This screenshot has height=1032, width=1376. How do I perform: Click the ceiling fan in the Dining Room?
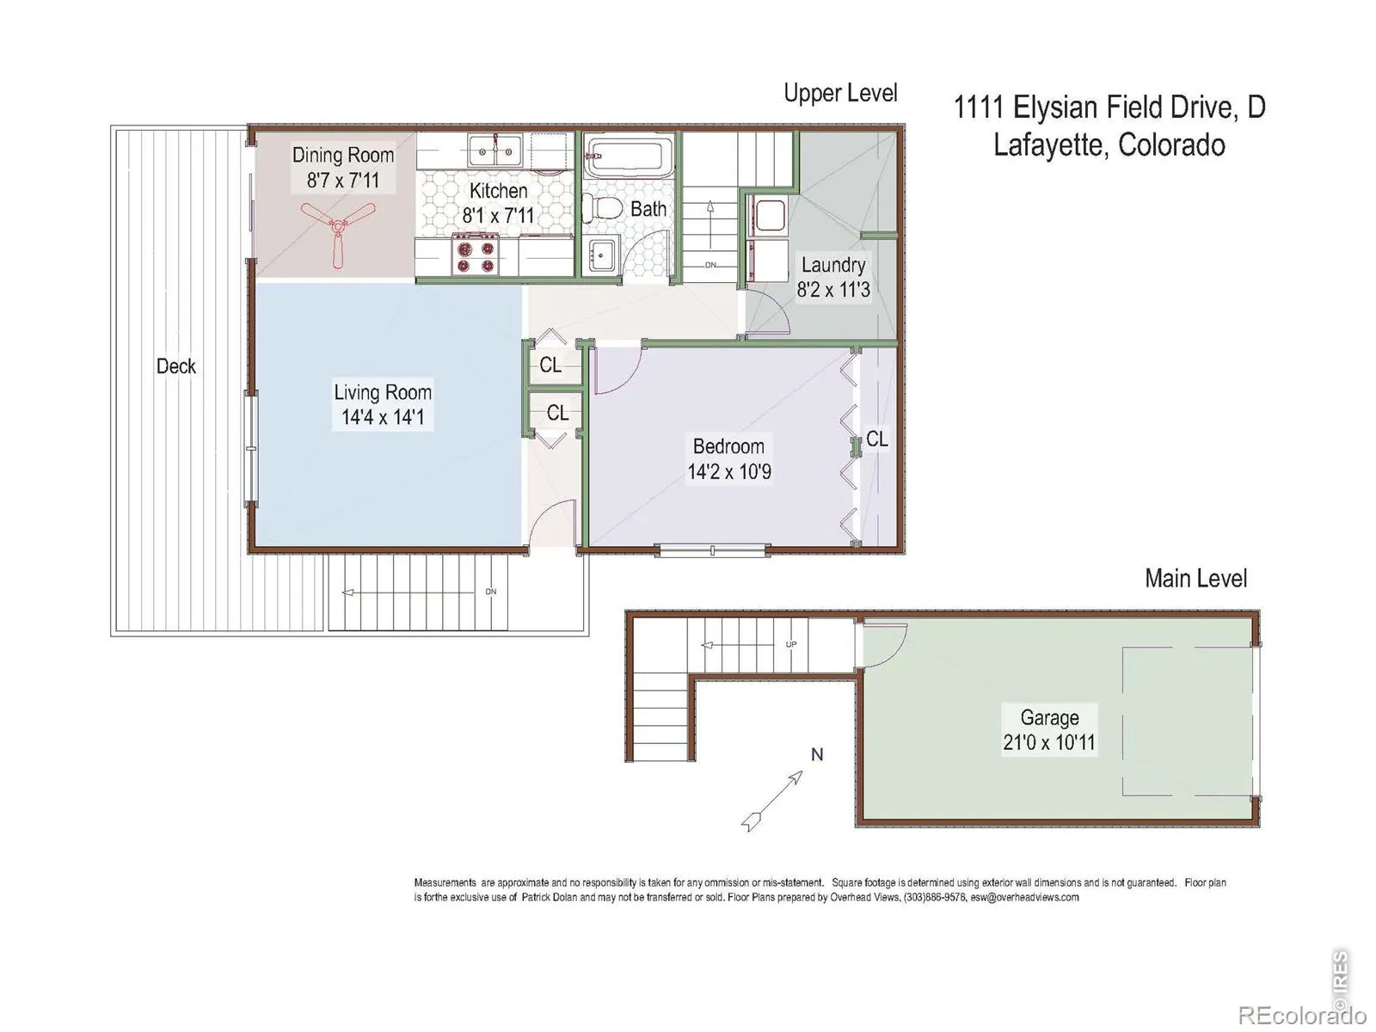tap(338, 228)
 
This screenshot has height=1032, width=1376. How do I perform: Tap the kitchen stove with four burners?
tap(476, 255)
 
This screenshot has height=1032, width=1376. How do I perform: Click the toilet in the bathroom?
tap(602, 207)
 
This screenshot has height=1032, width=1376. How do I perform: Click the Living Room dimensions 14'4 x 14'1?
tap(383, 417)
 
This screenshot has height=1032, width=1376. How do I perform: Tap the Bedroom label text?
tap(728, 446)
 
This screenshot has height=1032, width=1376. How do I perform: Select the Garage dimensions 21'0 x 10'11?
tap(1048, 742)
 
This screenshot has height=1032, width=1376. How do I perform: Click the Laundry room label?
tap(833, 265)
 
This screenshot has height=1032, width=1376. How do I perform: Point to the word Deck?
tap(176, 366)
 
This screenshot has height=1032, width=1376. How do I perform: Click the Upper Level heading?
tap(840, 94)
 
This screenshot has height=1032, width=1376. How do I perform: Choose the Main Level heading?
tap(1195, 578)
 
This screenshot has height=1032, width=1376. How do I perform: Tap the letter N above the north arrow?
tap(817, 754)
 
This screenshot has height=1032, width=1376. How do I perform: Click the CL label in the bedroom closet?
tap(877, 439)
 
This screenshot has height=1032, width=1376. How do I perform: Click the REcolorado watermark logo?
tap(1302, 1014)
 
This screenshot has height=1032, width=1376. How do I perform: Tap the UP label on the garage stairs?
tap(791, 644)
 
